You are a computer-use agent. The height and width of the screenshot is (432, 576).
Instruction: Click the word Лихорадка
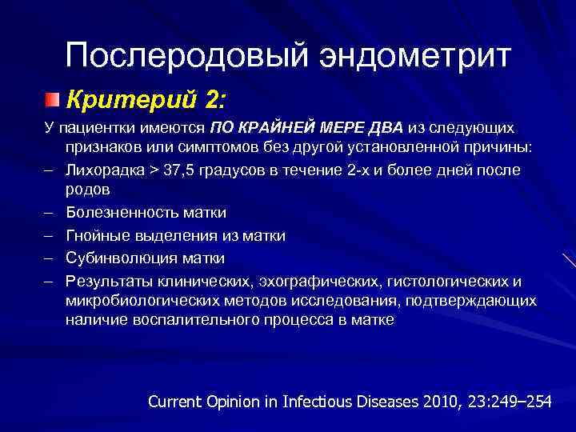coord(106,170)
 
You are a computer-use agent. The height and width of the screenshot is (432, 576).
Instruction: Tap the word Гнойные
coord(98,236)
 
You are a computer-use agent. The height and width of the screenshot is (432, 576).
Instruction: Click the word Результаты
coord(108,281)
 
